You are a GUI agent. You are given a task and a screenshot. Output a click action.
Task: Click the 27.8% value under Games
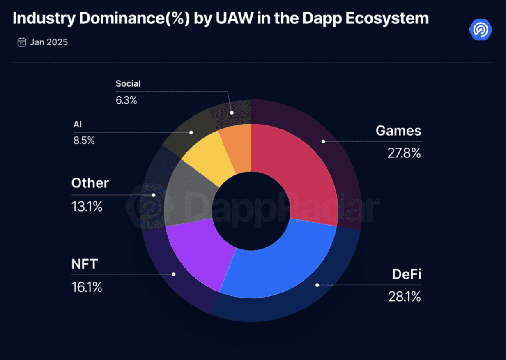[x=404, y=153]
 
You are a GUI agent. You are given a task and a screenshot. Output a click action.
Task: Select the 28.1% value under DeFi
[x=405, y=297]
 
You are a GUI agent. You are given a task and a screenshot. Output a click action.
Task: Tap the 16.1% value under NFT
[x=87, y=287]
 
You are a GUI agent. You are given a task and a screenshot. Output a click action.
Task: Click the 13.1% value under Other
[x=87, y=206]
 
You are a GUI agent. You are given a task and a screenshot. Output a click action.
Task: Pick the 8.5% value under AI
[x=84, y=141]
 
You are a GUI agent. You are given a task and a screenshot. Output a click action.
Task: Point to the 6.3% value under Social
[x=126, y=100]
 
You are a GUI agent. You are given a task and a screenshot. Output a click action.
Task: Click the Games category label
[x=398, y=131]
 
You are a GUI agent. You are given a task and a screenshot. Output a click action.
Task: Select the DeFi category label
[x=407, y=275]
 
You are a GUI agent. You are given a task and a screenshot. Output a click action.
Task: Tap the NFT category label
[x=85, y=264]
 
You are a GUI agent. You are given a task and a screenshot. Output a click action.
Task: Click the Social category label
[x=128, y=84]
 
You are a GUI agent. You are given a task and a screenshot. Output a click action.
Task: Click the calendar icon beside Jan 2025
[x=22, y=42]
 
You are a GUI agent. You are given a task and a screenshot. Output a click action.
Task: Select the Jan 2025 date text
[x=48, y=42]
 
